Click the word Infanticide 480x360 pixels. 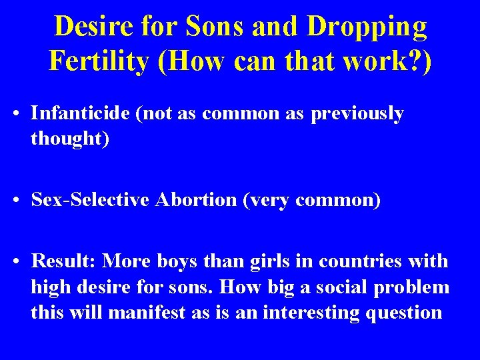[81, 113]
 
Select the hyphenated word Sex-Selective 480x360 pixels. [93, 200]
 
